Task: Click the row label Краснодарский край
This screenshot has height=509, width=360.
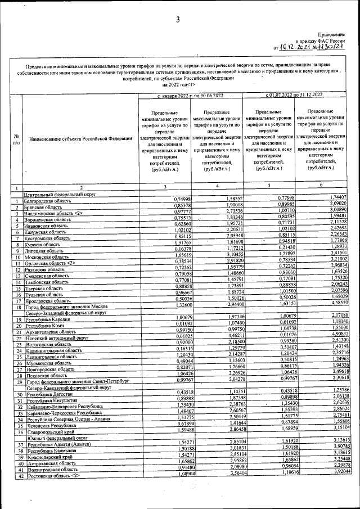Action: (49, 458)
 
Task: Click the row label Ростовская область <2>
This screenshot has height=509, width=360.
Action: (55, 477)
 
